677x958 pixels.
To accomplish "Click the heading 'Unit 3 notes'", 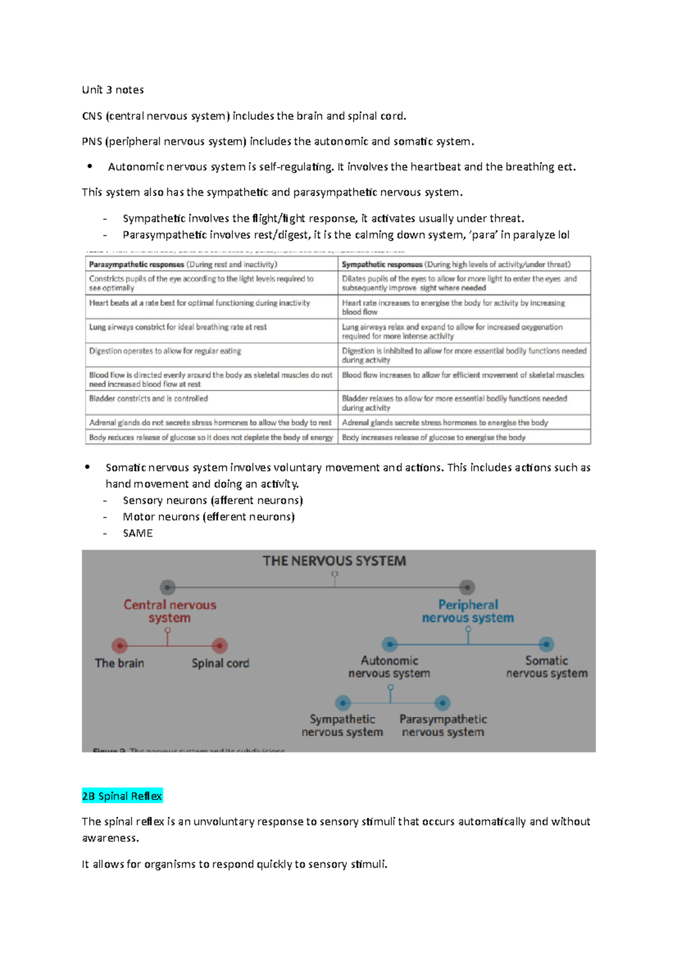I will coord(113,90).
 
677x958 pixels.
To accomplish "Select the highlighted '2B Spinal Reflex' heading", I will coord(122,796).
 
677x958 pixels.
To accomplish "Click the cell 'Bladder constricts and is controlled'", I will coord(148,398).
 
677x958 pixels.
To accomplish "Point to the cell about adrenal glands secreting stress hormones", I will coord(445,423).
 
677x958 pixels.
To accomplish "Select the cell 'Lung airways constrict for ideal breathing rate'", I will coord(178,327).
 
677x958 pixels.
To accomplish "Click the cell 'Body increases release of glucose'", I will coord(433,437).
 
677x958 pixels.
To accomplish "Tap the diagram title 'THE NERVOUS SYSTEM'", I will coord(334,561).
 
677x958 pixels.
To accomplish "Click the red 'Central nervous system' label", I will coord(170,611).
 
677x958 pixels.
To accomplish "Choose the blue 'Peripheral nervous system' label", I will coord(468,611).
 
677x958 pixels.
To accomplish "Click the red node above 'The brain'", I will coord(119,645).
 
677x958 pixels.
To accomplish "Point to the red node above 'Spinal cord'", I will coord(219,645).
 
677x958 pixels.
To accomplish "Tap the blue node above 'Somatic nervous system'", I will coord(546,644).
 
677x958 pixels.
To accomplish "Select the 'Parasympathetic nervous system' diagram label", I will coord(443,726).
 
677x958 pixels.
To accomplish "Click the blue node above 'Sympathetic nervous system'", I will coord(342,703).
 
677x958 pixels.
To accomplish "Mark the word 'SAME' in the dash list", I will coord(138,533).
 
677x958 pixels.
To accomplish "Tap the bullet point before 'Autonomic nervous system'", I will coord(89,166).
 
